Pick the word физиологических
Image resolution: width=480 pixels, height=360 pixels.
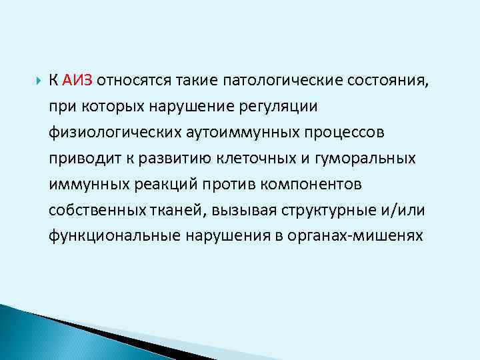(x=105, y=132)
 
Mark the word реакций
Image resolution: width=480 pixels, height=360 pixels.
(x=155, y=183)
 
